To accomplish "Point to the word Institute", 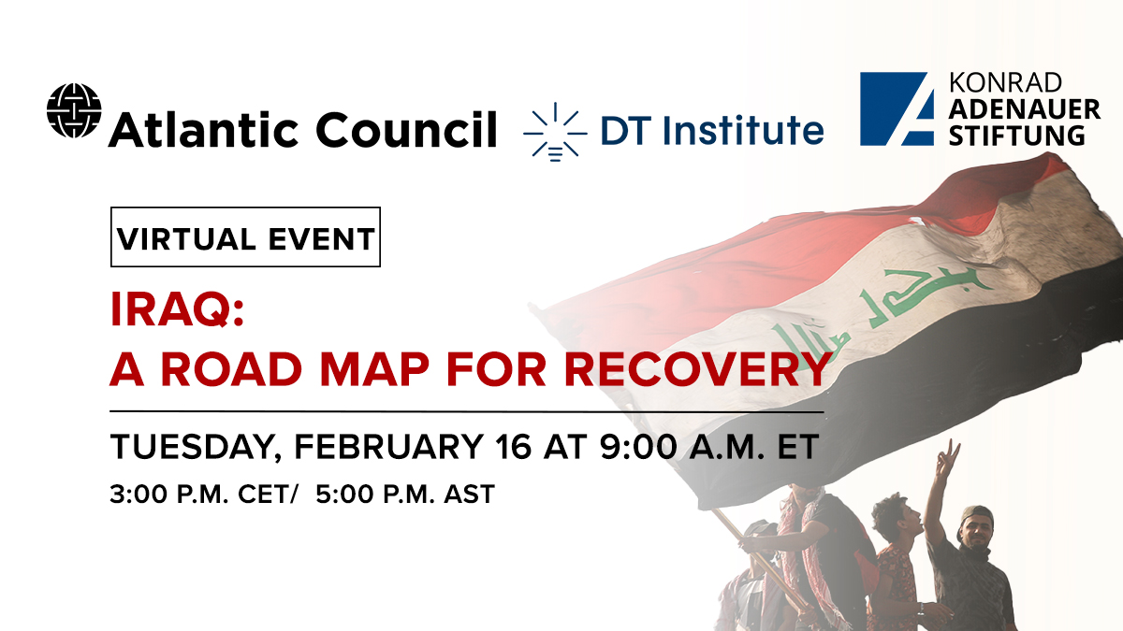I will pyautogui.click(x=746, y=131).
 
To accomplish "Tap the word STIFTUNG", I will pyautogui.click(x=1017, y=136).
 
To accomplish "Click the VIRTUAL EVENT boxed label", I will pyautogui.click(x=245, y=237).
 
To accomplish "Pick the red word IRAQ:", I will pyautogui.click(x=177, y=312).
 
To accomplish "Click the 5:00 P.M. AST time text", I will pyautogui.click(x=404, y=494).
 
